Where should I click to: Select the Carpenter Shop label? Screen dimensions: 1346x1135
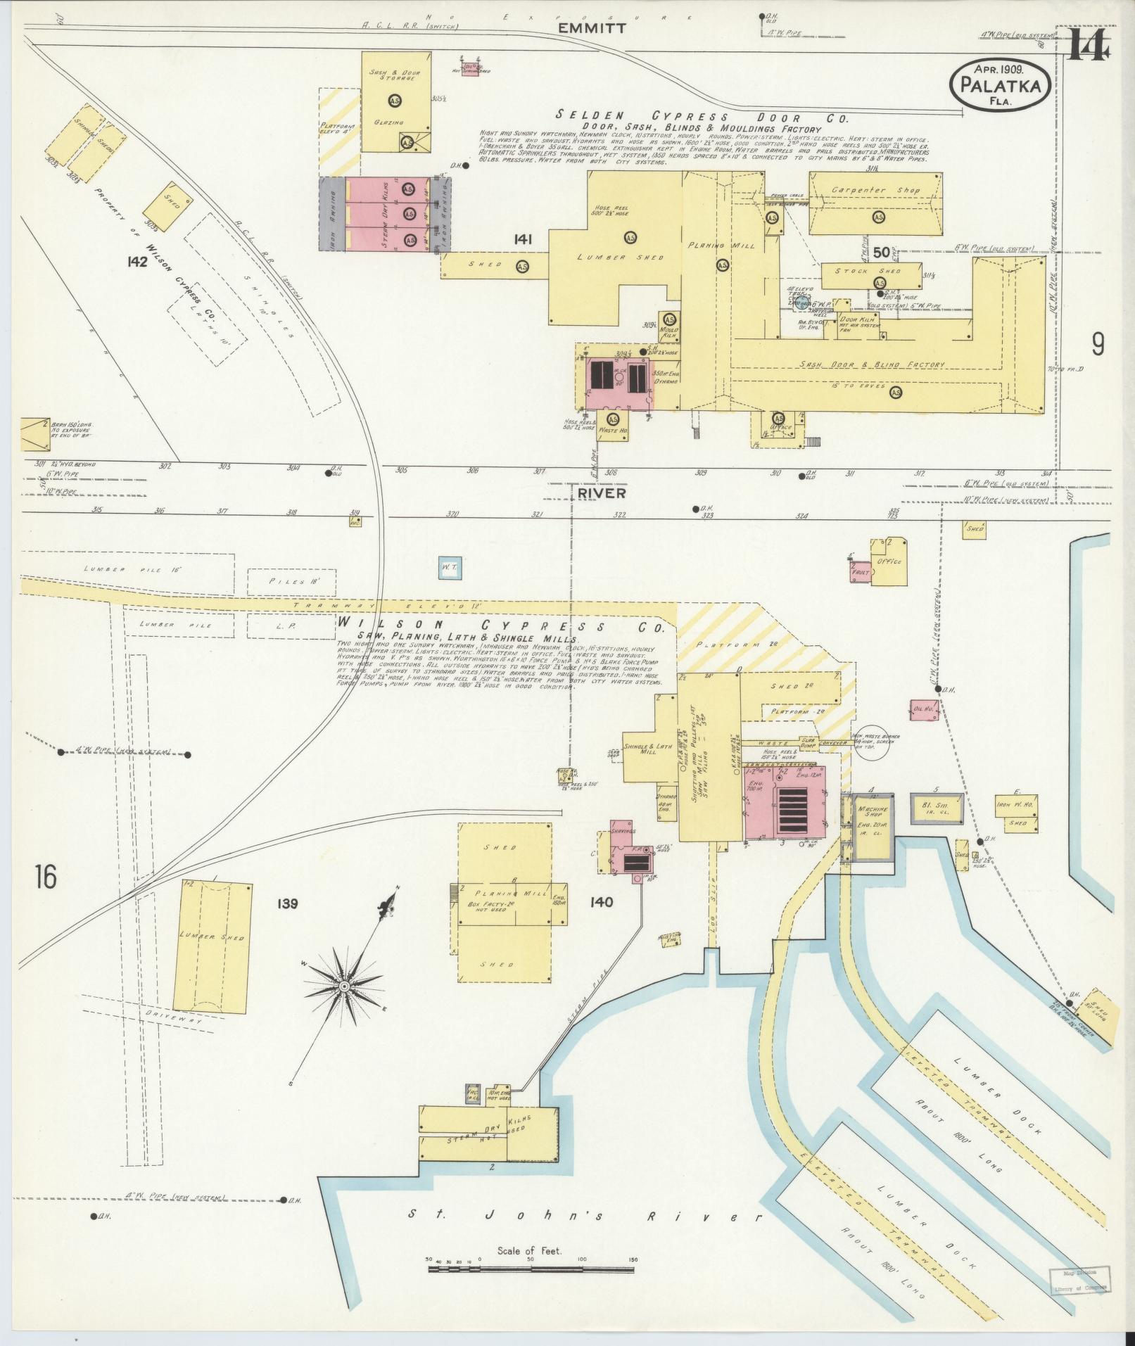tap(875, 191)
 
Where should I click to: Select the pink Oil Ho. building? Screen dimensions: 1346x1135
tap(923, 710)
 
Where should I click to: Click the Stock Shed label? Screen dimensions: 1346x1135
tap(871, 271)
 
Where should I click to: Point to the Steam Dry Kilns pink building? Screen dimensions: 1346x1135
tap(385, 212)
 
